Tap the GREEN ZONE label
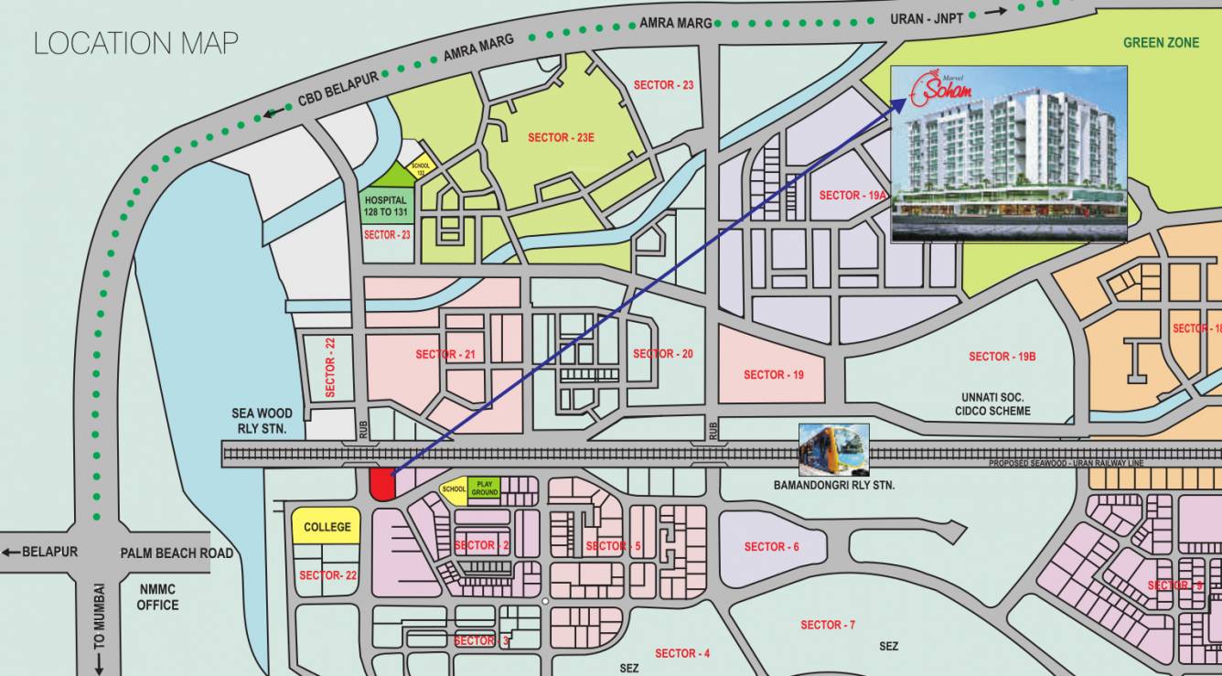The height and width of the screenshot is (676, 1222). point(1161,42)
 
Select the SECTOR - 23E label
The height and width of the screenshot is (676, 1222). point(561,137)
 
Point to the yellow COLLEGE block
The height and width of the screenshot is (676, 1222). point(327,527)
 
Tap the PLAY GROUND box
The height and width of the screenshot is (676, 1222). point(485,488)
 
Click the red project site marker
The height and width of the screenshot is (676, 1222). point(381,484)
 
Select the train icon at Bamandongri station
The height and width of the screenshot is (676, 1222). point(833,449)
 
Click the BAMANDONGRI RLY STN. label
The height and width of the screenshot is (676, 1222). point(833,485)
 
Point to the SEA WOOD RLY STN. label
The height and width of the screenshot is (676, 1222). point(261,422)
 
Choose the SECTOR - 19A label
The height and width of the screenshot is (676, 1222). point(852,195)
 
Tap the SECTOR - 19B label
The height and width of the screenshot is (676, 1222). point(1002,356)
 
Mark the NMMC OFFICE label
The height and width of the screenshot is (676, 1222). point(157,597)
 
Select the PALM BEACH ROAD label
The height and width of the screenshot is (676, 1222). point(177,553)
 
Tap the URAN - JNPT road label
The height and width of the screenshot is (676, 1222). point(928,18)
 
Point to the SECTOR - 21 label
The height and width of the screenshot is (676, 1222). point(445,354)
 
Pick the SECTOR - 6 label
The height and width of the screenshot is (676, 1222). point(771,546)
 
